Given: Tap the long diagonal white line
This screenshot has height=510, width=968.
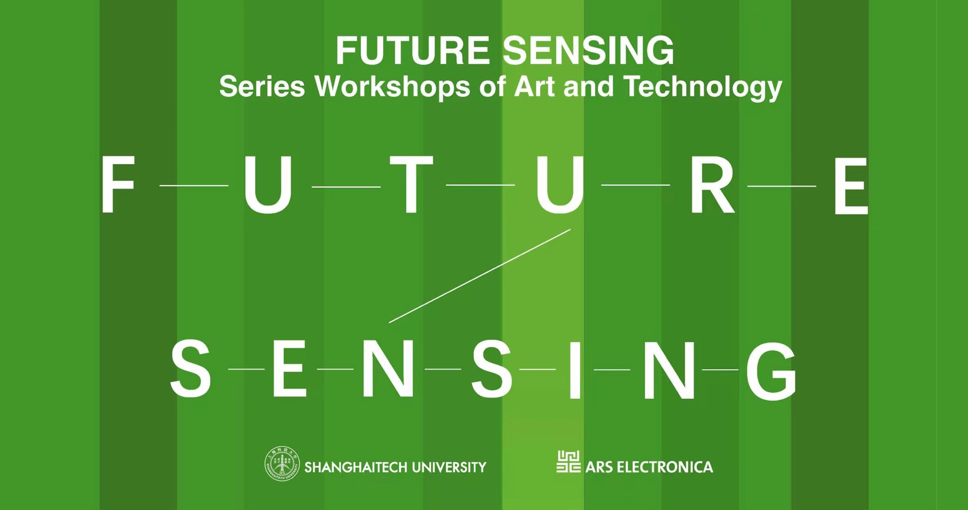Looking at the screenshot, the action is (x=479, y=276).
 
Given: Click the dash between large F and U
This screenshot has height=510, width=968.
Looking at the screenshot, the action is (x=194, y=186).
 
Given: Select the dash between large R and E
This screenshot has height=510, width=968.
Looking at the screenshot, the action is (x=782, y=186).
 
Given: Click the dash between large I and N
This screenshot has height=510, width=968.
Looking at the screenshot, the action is (x=612, y=369).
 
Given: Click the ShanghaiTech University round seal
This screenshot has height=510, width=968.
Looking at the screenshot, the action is (x=282, y=464).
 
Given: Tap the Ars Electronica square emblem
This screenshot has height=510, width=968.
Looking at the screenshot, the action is (x=568, y=462).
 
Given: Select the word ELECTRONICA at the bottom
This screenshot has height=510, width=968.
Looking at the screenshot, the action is (x=664, y=467).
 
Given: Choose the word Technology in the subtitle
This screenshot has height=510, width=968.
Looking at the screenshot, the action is (x=703, y=88).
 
